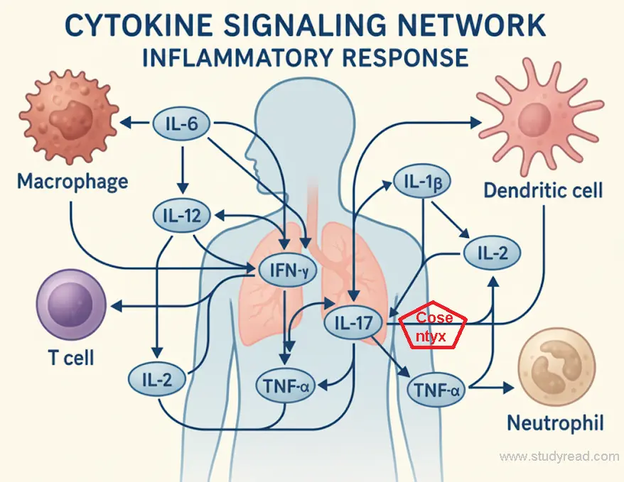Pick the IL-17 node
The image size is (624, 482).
tap(353, 323)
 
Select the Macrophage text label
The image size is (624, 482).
tap(72, 181)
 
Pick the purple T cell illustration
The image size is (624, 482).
tap(69, 309)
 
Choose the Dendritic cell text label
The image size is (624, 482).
tap(543, 190)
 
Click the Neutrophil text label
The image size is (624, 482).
tap(555, 424)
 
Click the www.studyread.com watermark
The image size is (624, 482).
tap(559, 456)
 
